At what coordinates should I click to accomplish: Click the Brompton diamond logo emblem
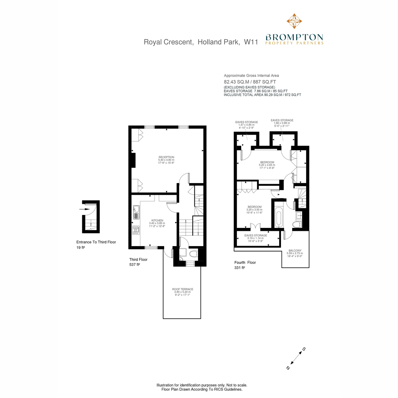pyautogui.click(x=294, y=21)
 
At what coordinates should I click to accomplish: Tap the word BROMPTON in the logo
pyautogui.click(x=294, y=37)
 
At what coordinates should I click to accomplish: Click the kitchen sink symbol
pyautogui.click(x=136, y=212)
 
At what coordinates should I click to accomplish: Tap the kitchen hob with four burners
pyautogui.click(x=136, y=230)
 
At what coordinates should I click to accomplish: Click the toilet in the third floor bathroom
pyautogui.click(x=193, y=254)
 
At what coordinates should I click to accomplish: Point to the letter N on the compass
pyautogui.click(x=288, y=373)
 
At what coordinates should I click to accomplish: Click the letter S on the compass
pyautogui.click(x=304, y=355)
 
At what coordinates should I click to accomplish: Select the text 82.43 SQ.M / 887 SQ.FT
pyautogui.click(x=250, y=82)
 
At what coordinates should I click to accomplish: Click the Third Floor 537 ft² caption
pyautogui.click(x=138, y=262)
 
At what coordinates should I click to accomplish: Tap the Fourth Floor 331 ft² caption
pyautogui.click(x=245, y=265)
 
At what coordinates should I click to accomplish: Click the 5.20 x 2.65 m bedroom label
pyautogui.click(x=267, y=165)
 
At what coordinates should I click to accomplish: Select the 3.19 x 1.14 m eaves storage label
pyautogui.click(x=256, y=238)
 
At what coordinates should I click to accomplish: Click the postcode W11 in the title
pyautogui.click(x=251, y=42)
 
